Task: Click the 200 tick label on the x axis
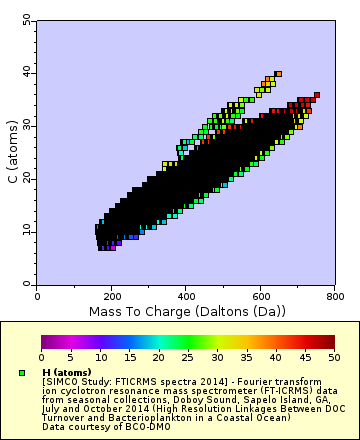(x=112, y=296)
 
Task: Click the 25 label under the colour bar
(x=186, y=357)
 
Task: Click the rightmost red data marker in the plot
(x=316, y=96)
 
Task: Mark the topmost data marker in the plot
(x=278, y=74)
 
